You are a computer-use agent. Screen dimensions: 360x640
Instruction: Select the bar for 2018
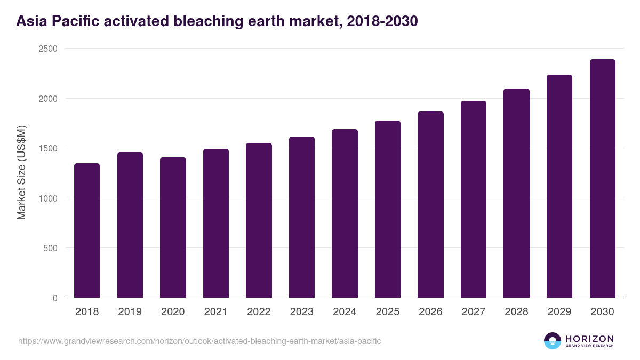pyautogui.click(x=87, y=230)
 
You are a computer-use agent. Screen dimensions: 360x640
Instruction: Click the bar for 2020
pyautogui.click(x=173, y=228)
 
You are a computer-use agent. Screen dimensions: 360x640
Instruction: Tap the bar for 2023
pyautogui.click(x=302, y=217)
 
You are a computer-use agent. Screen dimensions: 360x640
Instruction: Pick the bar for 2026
pyautogui.click(x=430, y=205)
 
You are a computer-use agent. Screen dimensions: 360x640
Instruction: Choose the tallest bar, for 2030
pyautogui.click(x=602, y=179)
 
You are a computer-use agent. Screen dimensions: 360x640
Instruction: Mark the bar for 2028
pyautogui.click(x=516, y=193)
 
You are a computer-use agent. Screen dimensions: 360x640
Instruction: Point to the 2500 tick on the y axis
pyautogui.click(x=50, y=49)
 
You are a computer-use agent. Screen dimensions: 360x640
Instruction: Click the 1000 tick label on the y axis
pyautogui.click(x=50, y=198)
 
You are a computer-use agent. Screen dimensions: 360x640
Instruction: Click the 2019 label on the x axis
pyautogui.click(x=130, y=312)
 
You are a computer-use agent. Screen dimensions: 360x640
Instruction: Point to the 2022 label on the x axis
pyautogui.click(x=259, y=312)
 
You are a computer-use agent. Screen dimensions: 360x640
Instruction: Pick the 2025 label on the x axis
pyautogui.click(x=388, y=312)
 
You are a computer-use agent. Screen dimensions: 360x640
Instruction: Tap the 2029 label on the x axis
pyautogui.click(x=559, y=312)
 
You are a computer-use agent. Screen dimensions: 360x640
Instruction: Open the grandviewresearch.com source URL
pyautogui.click(x=199, y=341)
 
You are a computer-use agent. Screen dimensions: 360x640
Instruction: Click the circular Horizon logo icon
pyautogui.click(x=552, y=341)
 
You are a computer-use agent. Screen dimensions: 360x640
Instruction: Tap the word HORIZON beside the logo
pyautogui.click(x=589, y=338)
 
